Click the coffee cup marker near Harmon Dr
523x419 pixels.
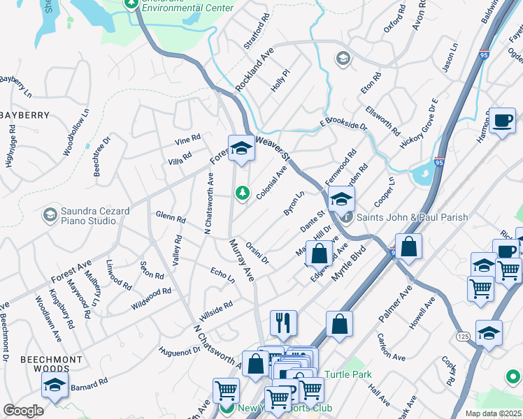coord(501,120)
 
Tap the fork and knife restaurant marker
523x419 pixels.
coord(283,323)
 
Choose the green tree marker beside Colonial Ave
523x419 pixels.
coord(243,192)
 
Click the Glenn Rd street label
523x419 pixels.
coord(170,217)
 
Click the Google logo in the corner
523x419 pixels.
coord(23,411)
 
